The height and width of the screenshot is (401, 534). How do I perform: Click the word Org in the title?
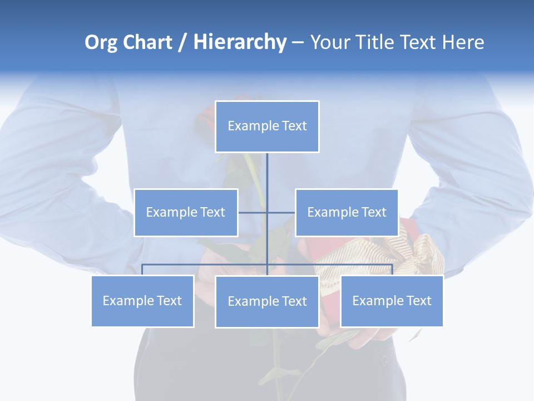click(x=101, y=42)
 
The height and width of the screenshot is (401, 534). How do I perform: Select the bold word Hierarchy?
click(x=240, y=42)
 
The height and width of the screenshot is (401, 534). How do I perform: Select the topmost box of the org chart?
click(x=267, y=126)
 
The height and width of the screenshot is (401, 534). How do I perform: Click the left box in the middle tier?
click(x=186, y=212)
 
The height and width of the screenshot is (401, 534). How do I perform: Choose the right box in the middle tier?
click(x=347, y=212)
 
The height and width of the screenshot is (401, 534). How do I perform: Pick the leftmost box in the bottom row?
click(x=142, y=301)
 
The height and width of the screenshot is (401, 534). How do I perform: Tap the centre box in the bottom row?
click(x=267, y=301)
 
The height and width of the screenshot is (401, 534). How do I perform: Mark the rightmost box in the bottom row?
click(x=392, y=301)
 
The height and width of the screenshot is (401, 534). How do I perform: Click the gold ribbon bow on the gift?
click(x=426, y=253)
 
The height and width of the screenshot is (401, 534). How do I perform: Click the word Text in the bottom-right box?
click(x=418, y=301)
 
